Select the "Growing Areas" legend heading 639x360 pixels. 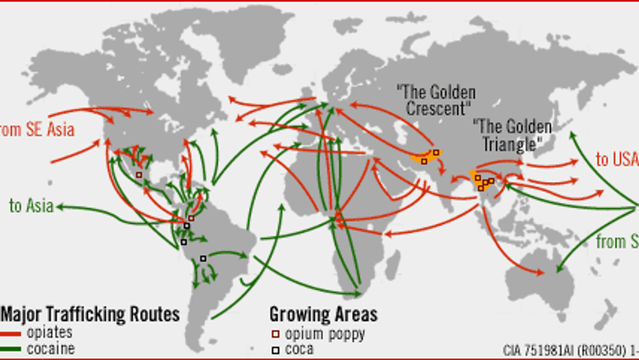point(319,313)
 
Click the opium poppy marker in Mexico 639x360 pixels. point(139,174)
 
